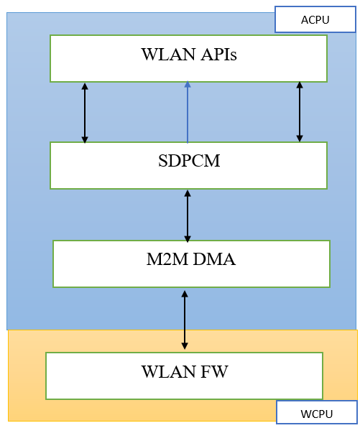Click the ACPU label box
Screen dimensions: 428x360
coord(315,19)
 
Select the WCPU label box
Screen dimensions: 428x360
coord(316,414)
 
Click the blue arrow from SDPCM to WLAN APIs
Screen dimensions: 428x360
coord(188,115)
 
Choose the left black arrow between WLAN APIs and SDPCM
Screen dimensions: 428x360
coord(85,113)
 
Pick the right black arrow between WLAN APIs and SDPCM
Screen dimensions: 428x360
coord(300,111)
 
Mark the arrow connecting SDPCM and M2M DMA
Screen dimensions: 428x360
coord(188,215)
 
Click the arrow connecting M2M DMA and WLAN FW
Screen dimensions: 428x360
coord(185,320)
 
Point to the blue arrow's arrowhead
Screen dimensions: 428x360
coord(188,85)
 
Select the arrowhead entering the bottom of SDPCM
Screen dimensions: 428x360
coord(188,194)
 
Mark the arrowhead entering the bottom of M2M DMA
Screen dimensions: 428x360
coord(185,294)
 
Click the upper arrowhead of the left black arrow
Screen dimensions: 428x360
coord(85,86)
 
